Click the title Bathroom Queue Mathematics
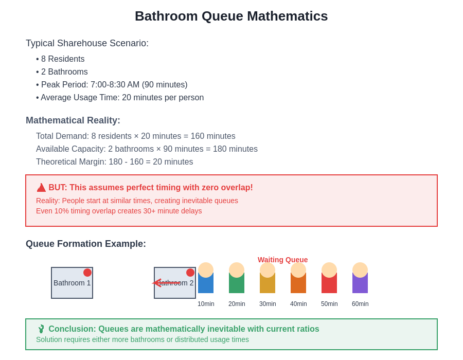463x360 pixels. [x=231, y=16]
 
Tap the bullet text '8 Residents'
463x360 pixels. [x=63, y=59]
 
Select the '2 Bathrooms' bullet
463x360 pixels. [x=64, y=72]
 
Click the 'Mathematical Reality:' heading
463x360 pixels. [x=73, y=120]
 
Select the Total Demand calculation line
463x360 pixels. [x=135, y=136]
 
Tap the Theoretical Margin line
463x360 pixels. [x=114, y=162]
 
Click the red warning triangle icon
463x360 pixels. [x=41, y=188]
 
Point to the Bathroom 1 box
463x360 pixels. [x=72, y=283]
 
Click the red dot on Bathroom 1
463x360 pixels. [x=87, y=273]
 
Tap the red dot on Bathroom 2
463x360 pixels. [x=190, y=273]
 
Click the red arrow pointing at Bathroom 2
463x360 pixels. [x=165, y=282]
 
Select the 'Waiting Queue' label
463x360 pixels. [x=282, y=260]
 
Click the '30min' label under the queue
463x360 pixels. [x=268, y=304]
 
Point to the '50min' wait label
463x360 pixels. [x=329, y=304]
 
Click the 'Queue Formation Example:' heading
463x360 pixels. [x=86, y=244]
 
